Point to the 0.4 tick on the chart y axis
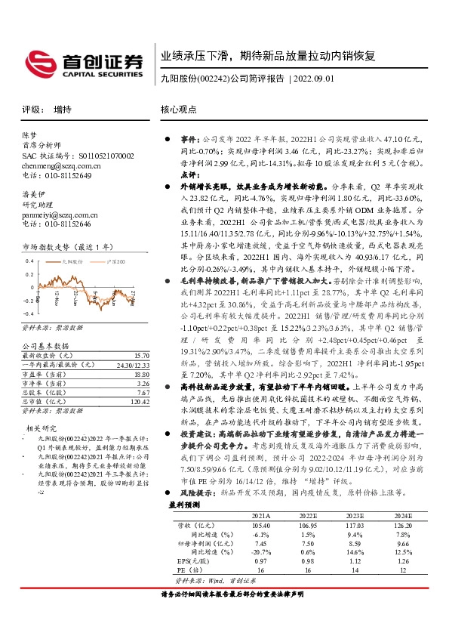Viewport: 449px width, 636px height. [x=28, y=260]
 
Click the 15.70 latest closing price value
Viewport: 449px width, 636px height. [x=141, y=356]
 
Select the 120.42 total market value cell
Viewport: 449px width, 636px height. [x=138, y=402]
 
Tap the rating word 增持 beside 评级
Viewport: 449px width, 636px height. [x=64, y=109]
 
